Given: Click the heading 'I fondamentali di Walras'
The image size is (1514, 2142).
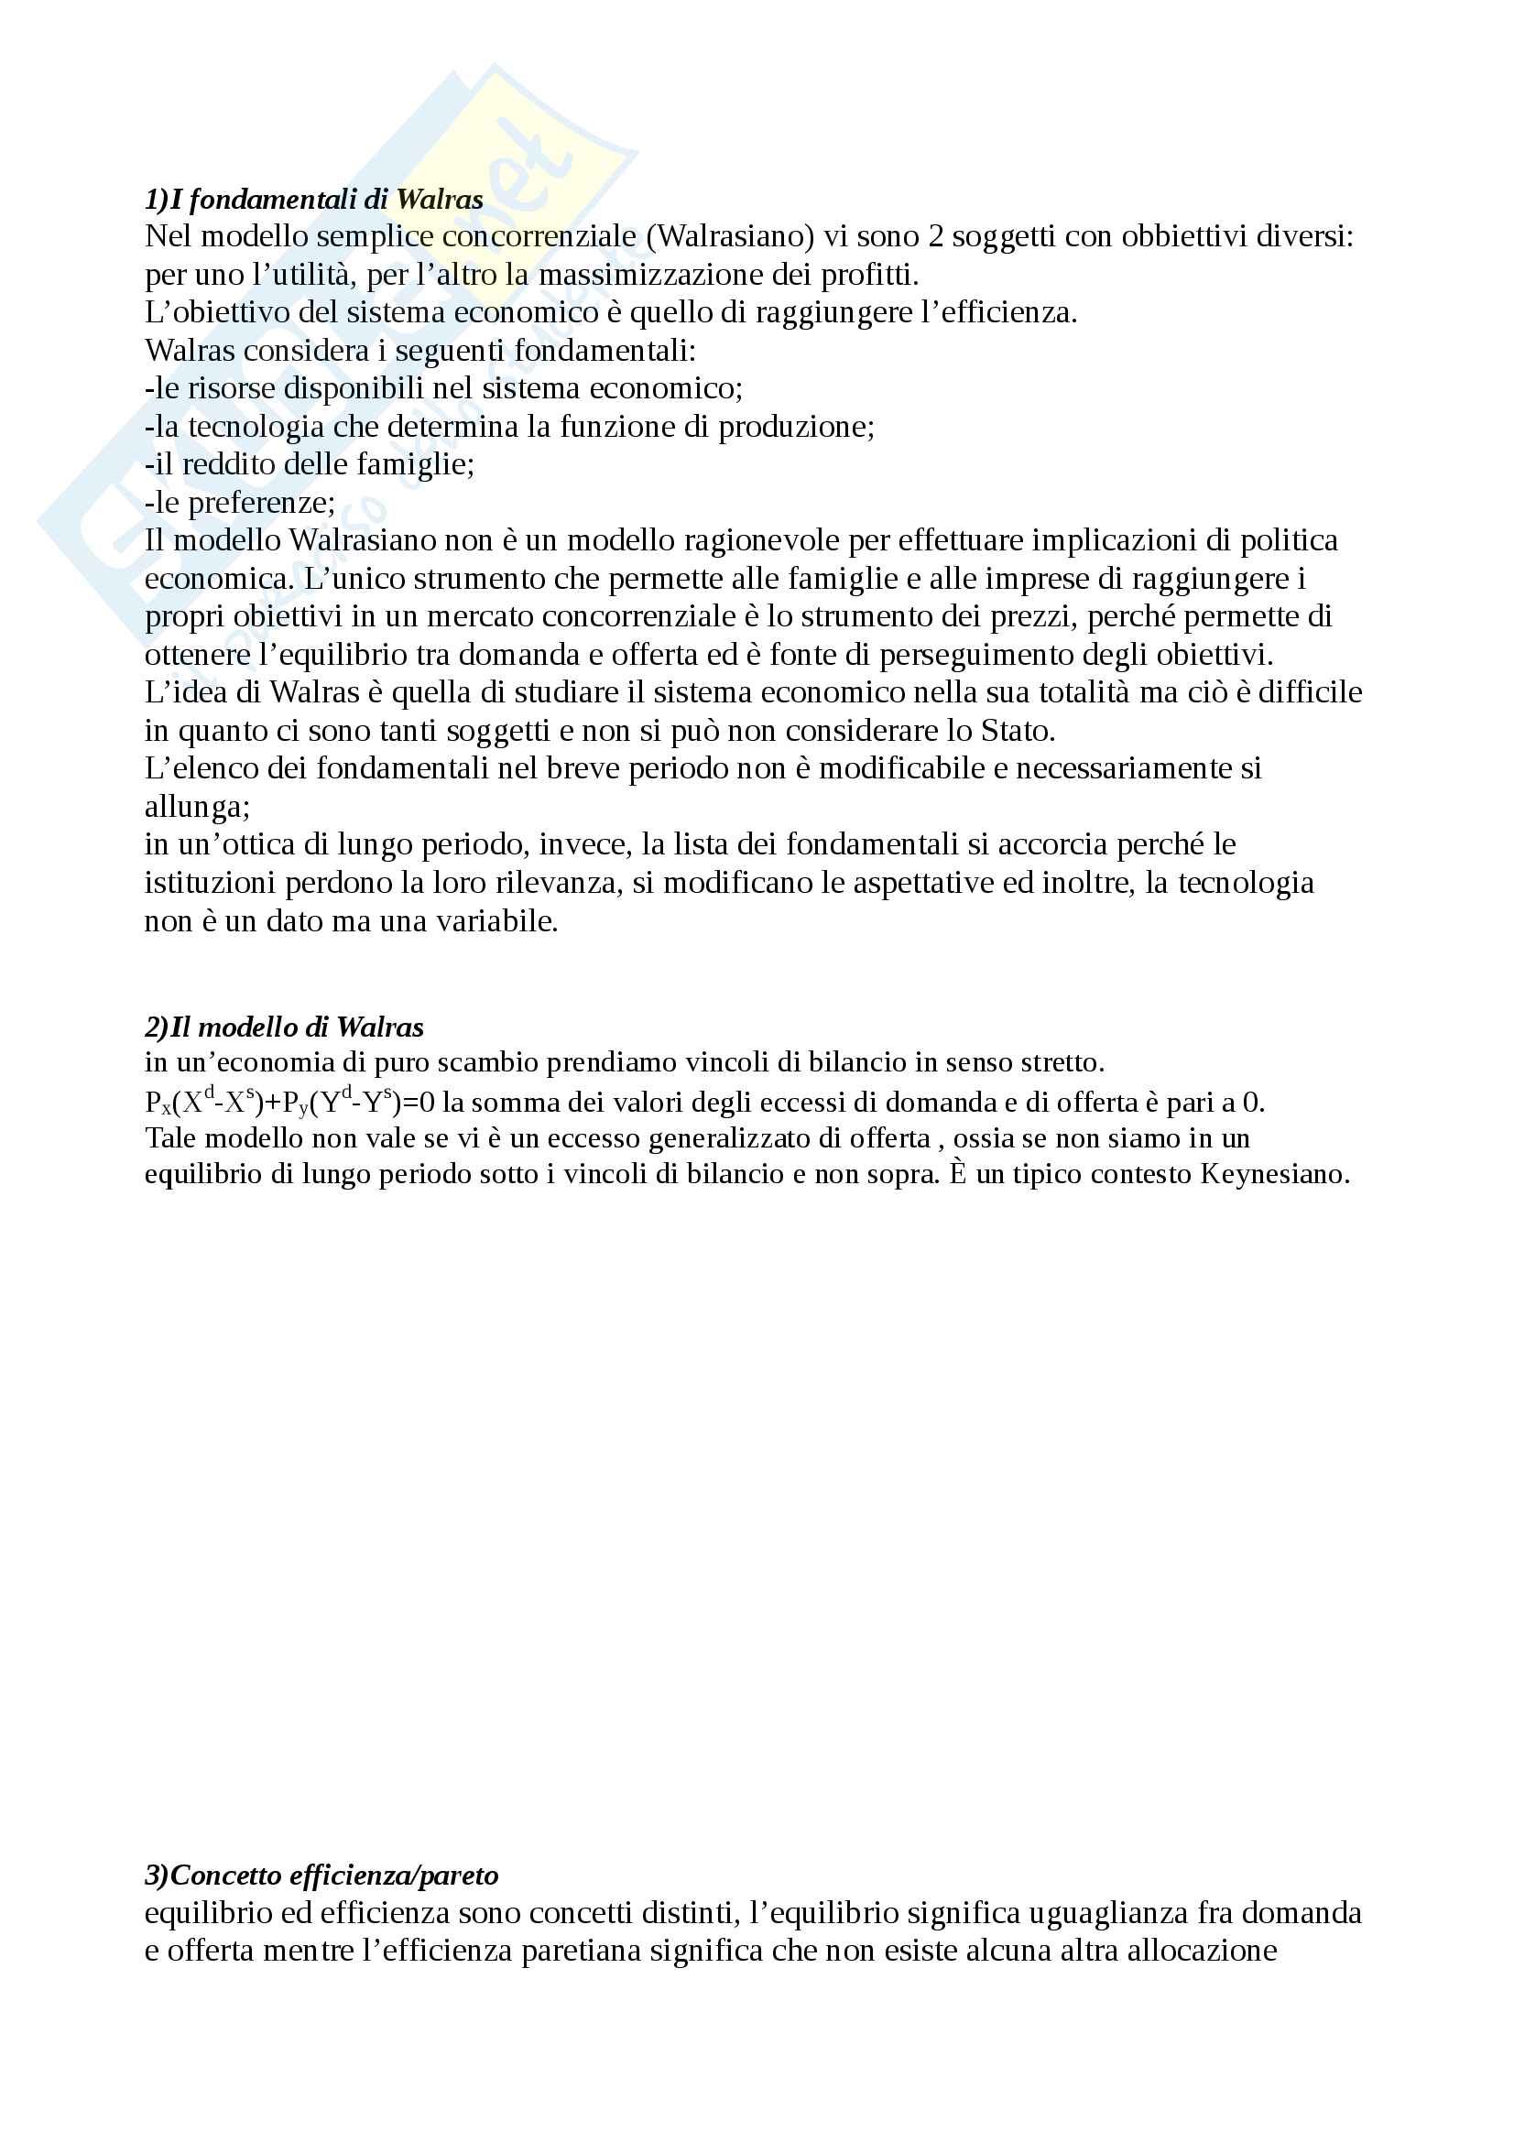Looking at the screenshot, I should (x=313, y=199).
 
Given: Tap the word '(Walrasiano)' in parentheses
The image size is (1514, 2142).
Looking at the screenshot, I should (x=729, y=236).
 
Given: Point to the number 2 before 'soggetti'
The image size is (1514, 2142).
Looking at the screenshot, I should (x=935, y=236).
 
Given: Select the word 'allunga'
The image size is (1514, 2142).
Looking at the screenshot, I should (x=195, y=806).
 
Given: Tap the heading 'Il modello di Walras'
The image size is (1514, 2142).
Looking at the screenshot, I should (x=284, y=1028).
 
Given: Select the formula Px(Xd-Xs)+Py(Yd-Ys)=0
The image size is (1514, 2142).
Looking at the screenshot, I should (x=289, y=1102).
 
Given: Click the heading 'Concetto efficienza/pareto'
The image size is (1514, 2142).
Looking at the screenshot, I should (x=321, y=1876).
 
